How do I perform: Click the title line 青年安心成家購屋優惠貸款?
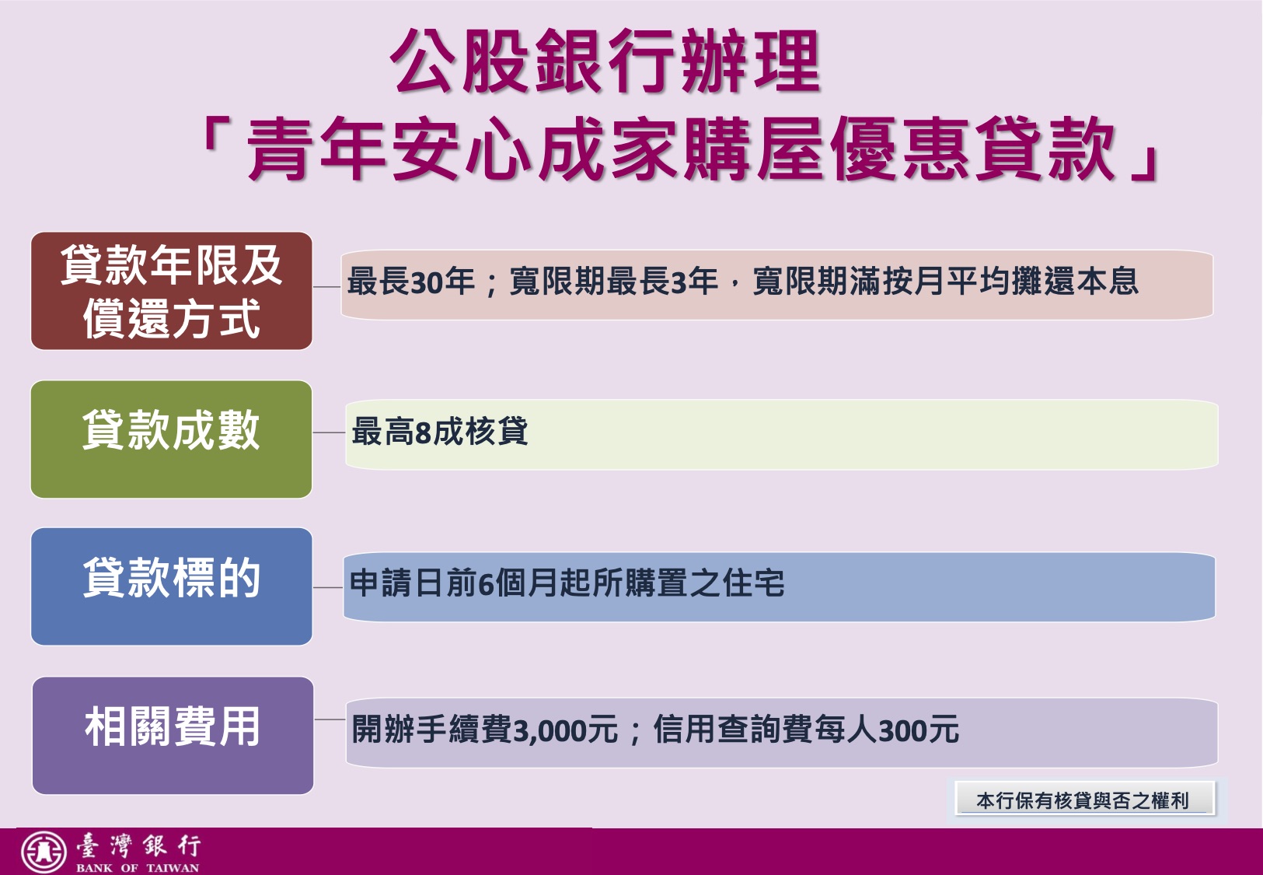[681, 149]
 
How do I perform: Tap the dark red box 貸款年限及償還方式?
[172, 291]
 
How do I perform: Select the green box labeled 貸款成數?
[172, 439]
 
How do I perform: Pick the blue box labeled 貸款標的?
[172, 586]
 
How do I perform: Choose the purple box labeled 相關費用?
[173, 735]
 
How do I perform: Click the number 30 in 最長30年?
[426, 282]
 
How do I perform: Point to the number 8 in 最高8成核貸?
[423, 432]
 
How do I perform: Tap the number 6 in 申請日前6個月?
[486, 583]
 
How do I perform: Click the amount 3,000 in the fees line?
[550, 730]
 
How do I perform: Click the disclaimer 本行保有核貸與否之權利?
[1083, 800]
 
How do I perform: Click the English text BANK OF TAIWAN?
[138, 868]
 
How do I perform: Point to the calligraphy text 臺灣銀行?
[138, 846]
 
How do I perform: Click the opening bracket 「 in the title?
[215, 135]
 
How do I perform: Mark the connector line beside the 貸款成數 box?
[329, 432]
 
